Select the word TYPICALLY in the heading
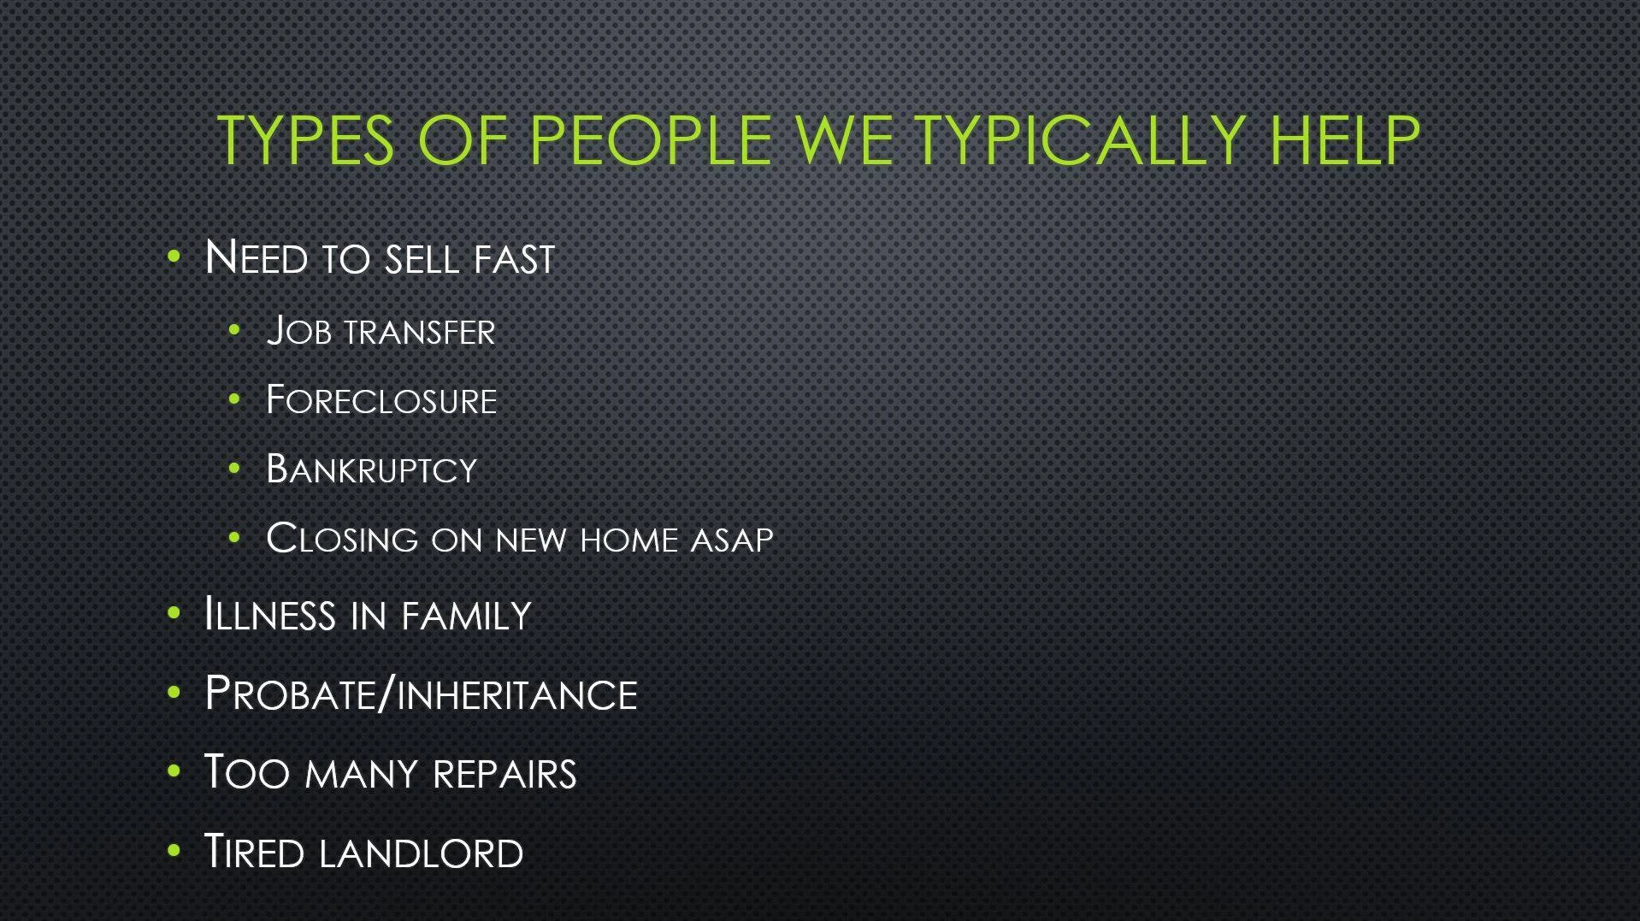[1080, 141]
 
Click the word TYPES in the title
[305, 141]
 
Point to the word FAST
[514, 259]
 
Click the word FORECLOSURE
[381, 401]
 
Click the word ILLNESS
[269, 615]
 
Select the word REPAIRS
[504, 773]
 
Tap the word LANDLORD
[420, 853]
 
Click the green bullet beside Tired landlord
[174, 851]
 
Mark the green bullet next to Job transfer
[235, 330]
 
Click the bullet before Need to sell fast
[174, 256]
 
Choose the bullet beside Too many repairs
[174, 771]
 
